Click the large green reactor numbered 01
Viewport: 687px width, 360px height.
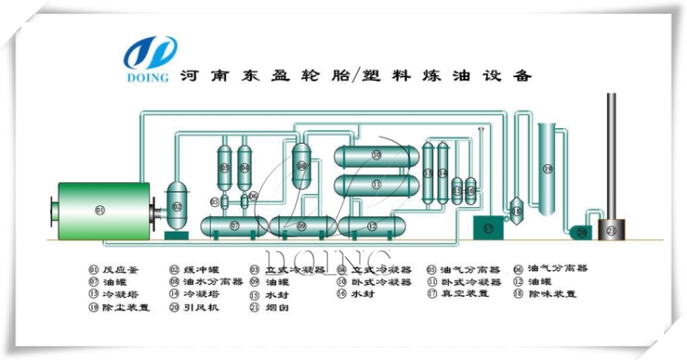point(101,210)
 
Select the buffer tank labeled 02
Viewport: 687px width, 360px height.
point(177,208)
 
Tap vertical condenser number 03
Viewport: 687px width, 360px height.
point(224,169)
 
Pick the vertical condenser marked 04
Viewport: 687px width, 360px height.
point(245,169)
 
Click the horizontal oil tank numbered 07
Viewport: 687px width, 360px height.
point(234,224)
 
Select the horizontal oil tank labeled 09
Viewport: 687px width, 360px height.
point(302,224)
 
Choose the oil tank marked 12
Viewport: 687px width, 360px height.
point(370,224)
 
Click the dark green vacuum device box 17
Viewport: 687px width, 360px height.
point(487,227)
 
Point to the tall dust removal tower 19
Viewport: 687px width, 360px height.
point(548,169)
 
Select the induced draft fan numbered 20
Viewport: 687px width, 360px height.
point(579,232)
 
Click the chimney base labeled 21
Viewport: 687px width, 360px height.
point(611,232)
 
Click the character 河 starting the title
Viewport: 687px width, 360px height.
point(187,77)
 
